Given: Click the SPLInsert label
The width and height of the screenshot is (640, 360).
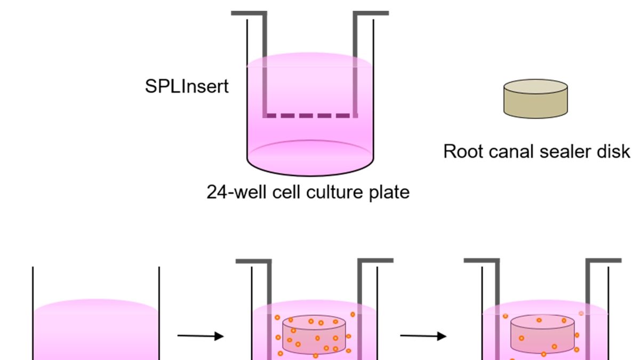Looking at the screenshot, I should [x=187, y=86].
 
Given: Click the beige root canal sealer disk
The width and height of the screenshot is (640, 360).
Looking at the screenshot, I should [x=535, y=99].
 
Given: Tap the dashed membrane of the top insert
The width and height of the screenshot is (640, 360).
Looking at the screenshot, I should [x=310, y=115].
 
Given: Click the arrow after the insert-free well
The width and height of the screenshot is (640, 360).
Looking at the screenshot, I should [x=200, y=336].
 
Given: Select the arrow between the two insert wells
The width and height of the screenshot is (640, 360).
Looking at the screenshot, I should [x=423, y=336].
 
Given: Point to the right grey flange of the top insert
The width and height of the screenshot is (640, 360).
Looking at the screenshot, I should [x=371, y=13].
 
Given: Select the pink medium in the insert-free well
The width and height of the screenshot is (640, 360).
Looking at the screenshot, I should [x=96, y=331].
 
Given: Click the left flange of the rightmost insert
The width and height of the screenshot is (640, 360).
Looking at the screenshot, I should [x=482, y=261].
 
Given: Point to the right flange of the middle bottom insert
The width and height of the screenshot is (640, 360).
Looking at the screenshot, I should [x=375, y=261].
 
